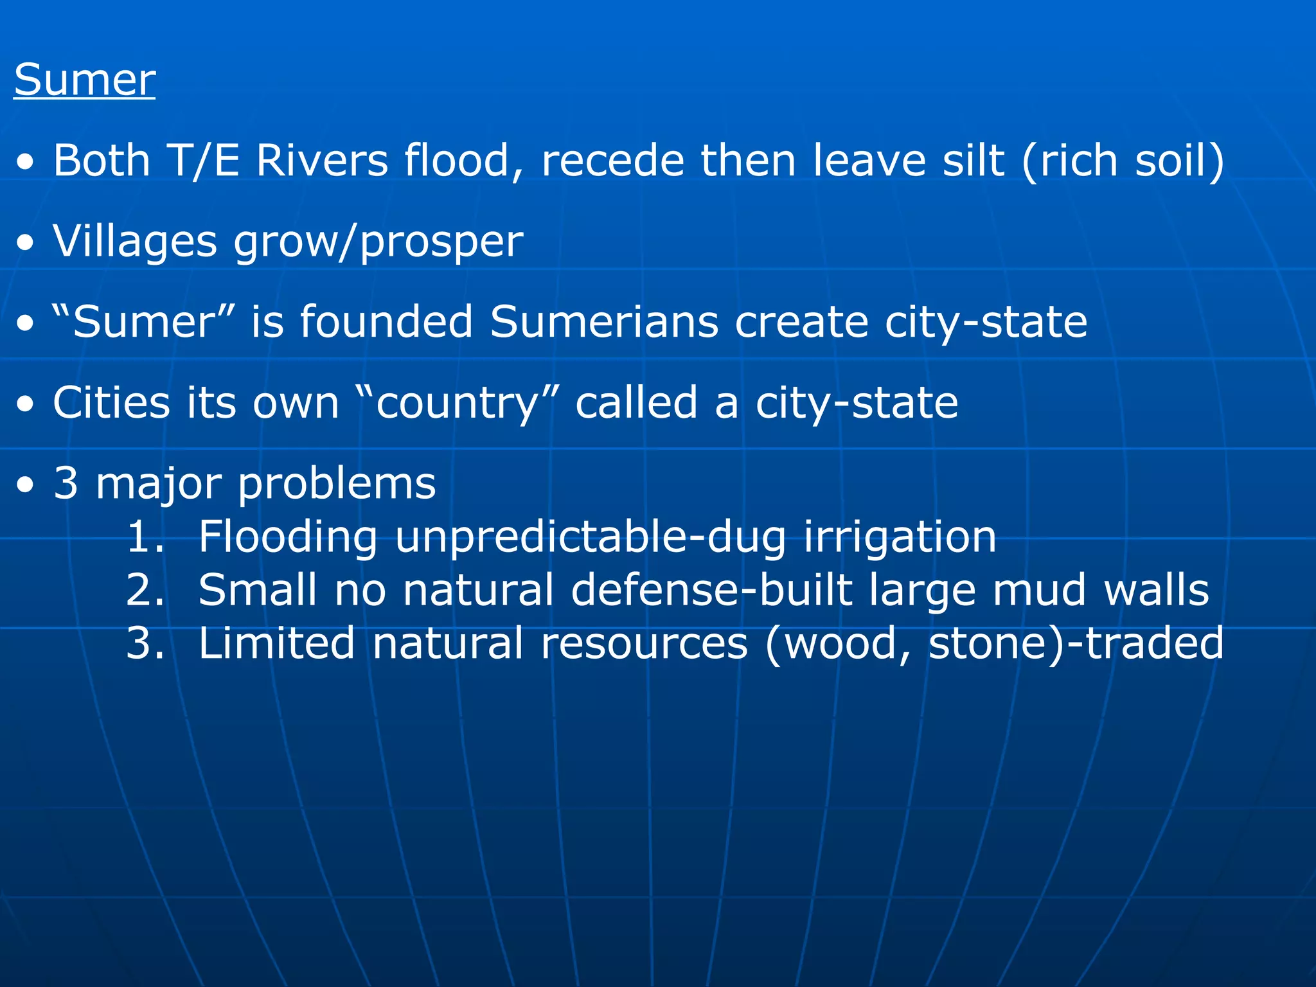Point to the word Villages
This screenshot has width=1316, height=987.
click(x=135, y=242)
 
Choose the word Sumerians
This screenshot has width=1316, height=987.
click(x=603, y=321)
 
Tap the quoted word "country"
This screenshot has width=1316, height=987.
click(x=457, y=403)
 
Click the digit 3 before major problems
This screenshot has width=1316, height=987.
click(x=66, y=483)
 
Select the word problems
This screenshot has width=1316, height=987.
click(x=337, y=484)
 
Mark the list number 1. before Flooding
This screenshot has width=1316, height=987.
click(x=145, y=537)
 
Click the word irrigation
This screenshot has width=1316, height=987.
click(x=900, y=537)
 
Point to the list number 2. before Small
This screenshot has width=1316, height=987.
click(x=145, y=590)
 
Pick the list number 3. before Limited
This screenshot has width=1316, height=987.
click(x=145, y=643)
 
